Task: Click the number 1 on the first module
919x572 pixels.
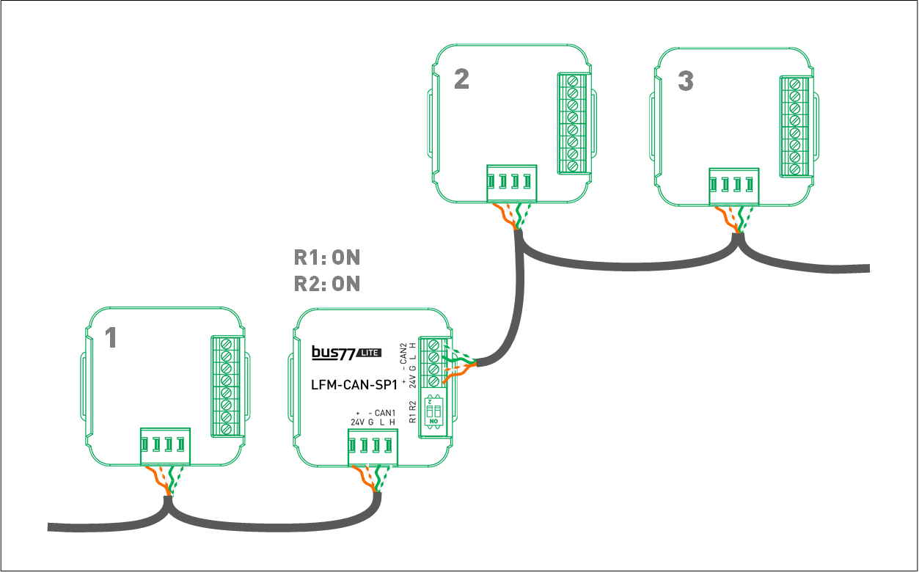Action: click(111, 338)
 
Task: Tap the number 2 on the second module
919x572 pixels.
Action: click(461, 79)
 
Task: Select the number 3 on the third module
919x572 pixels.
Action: click(685, 81)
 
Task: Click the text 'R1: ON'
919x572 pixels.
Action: click(327, 258)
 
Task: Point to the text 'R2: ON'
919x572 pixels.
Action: click(327, 284)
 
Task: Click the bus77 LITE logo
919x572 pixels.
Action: click(345, 353)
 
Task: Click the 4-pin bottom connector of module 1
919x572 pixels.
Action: click(165, 446)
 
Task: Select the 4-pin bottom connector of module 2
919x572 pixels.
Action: click(510, 183)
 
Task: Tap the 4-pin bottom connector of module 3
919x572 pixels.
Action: click(734, 185)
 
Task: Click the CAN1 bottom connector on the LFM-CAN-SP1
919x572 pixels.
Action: click(373, 447)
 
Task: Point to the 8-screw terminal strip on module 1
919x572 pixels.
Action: click(226, 386)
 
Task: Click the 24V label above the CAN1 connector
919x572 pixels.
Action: click(357, 422)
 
